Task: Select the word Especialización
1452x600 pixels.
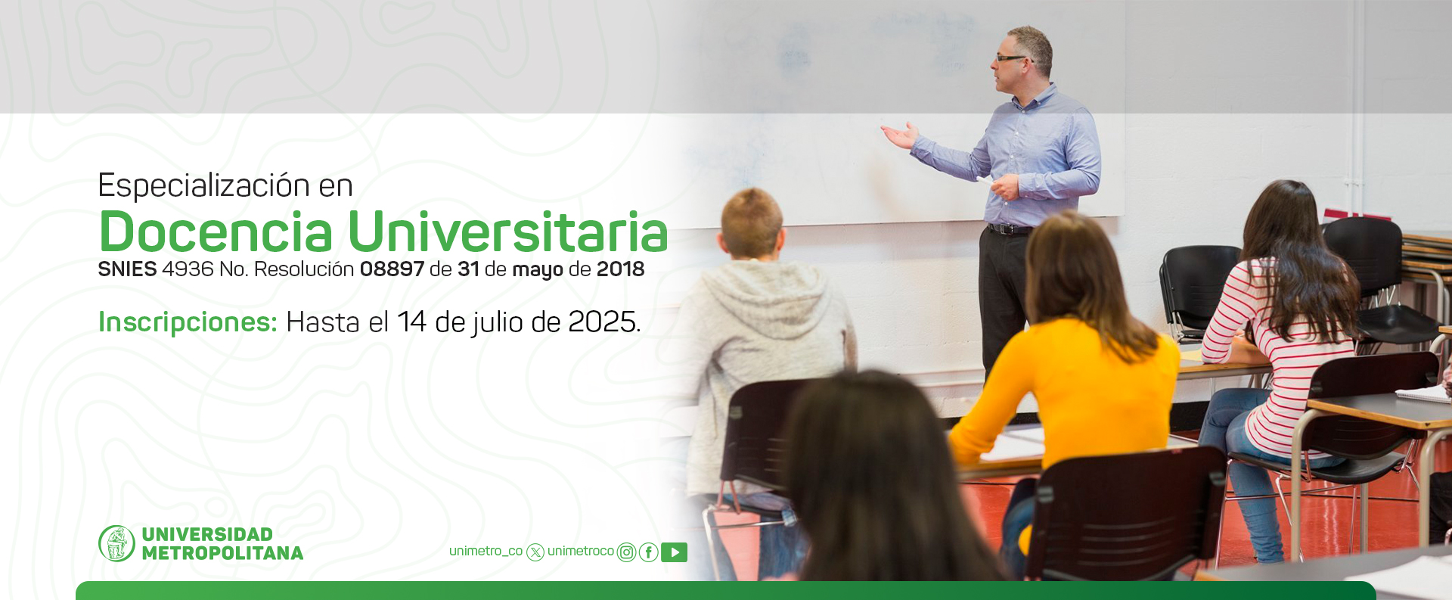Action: point(204,186)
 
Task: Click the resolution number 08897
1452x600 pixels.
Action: point(392,269)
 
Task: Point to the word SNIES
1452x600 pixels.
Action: point(127,269)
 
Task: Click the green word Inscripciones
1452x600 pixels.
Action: point(188,323)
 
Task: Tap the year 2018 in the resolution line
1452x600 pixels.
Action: point(620,269)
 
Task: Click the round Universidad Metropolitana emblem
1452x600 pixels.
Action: point(116,543)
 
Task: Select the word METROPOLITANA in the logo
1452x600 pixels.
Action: point(222,554)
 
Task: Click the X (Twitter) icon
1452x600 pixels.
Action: point(535,552)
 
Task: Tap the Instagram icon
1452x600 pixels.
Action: point(626,552)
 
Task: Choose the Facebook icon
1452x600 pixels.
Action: point(648,552)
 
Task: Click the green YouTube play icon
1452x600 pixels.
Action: point(674,552)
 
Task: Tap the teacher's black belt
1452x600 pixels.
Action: point(1009,228)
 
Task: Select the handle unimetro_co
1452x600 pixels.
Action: point(486,552)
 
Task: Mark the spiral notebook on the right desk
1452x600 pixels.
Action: point(1423,393)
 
